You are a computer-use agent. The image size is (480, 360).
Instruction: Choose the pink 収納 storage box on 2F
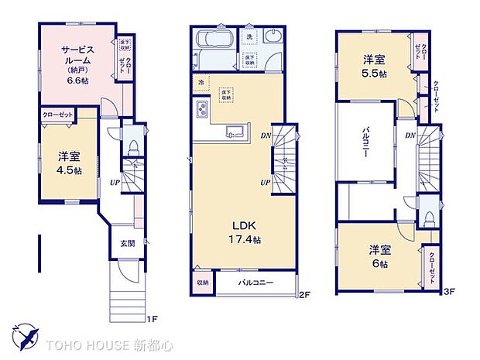pos(202,283)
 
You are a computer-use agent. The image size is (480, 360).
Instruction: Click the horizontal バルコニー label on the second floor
pos(256,283)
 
